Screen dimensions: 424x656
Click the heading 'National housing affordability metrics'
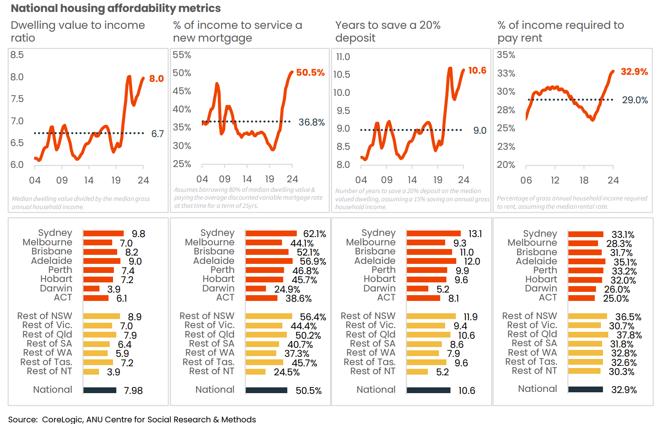(x=115, y=8)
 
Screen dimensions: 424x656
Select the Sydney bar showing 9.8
(x=103, y=233)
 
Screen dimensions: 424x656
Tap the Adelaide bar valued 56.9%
(x=269, y=261)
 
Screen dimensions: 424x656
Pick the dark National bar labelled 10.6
(x=428, y=390)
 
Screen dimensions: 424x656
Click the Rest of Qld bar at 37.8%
(x=588, y=335)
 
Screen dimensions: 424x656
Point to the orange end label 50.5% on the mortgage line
(x=310, y=73)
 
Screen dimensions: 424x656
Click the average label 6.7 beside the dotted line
(x=157, y=134)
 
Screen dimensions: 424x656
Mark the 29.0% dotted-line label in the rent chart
(x=635, y=100)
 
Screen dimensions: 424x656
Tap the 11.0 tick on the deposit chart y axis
(x=343, y=57)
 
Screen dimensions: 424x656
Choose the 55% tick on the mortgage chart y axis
(x=182, y=55)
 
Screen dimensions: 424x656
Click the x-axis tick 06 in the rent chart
(x=526, y=180)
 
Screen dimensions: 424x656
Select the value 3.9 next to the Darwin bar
(x=114, y=289)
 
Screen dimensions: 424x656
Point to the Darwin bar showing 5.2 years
(x=417, y=289)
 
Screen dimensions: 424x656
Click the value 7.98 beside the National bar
(x=133, y=391)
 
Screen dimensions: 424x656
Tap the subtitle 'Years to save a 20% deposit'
(x=388, y=31)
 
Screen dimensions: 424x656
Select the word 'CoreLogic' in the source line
(x=62, y=419)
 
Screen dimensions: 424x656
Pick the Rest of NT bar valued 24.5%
(x=255, y=372)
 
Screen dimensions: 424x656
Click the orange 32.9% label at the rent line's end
(x=634, y=72)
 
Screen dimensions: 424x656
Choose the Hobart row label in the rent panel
(x=541, y=280)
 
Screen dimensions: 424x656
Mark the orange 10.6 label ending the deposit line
(x=477, y=71)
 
